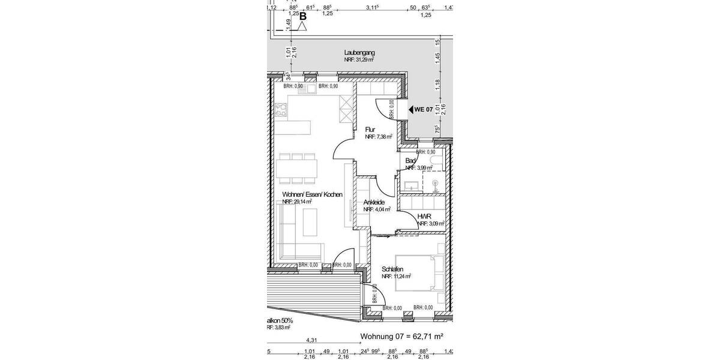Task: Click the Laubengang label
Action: tap(359, 53)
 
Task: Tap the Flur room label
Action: tap(370, 130)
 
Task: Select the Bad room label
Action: tap(410, 161)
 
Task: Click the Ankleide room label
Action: tap(374, 202)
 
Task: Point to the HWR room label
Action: tap(425, 216)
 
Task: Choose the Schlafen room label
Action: tap(392, 269)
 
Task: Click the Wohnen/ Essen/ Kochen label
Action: tap(312, 194)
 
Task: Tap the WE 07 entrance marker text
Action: tap(424, 109)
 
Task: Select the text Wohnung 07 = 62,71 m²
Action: tap(401, 337)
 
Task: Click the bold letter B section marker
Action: tap(303, 16)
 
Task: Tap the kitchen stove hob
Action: tap(281, 109)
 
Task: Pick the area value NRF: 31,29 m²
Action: tap(359, 60)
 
